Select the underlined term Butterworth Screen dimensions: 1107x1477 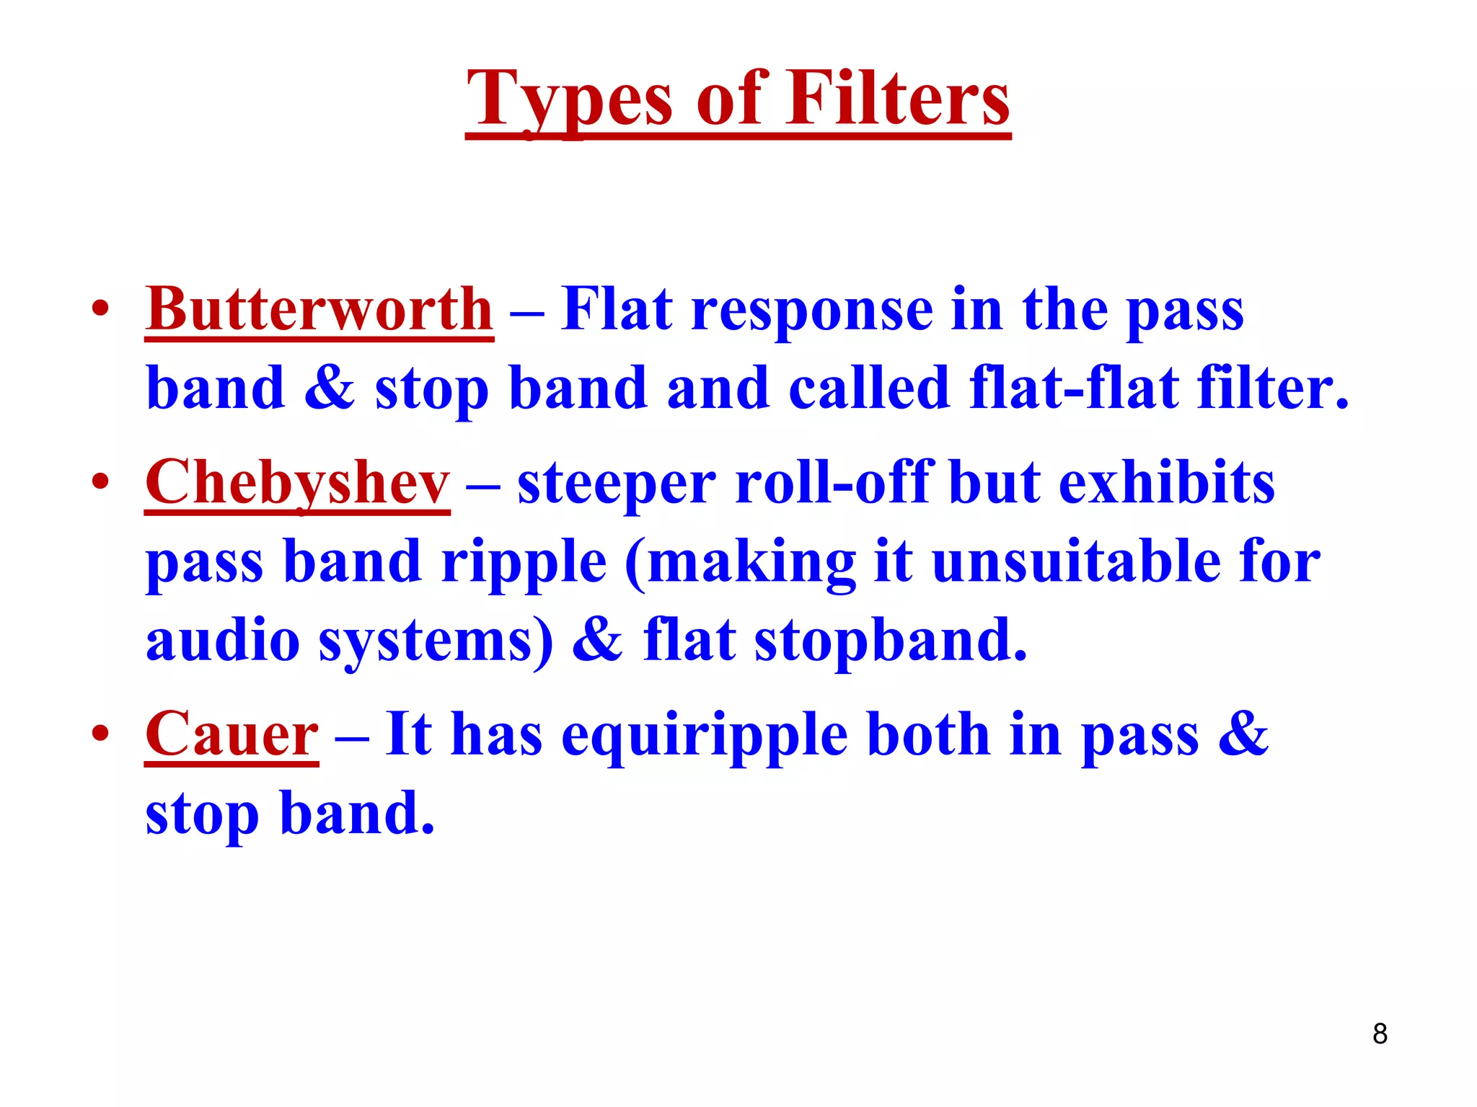[319, 310]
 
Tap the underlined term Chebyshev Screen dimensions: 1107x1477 [297, 483]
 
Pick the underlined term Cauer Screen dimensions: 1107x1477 [232, 734]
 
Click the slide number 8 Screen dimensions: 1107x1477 [1380, 1034]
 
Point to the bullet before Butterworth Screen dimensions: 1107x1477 [100, 310]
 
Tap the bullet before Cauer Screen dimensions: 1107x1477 [100, 734]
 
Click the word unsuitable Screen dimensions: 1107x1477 [1074, 562]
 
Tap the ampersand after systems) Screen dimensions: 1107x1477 [597, 640]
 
